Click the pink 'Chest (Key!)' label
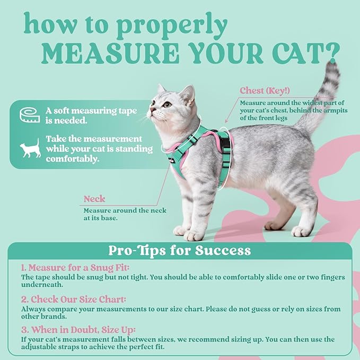(x=265, y=90)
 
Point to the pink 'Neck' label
(x=94, y=199)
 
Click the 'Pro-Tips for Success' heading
(x=179, y=250)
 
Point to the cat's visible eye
(x=168, y=104)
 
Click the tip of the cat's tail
(x=332, y=67)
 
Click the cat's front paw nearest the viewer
(x=194, y=234)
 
